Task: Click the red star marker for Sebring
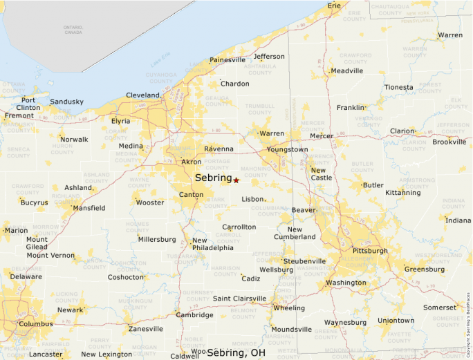[236, 180]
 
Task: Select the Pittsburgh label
[370, 251]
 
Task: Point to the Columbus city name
[36, 323]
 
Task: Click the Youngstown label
[287, 149]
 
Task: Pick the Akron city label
[191, 162]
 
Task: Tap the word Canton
[191, 195]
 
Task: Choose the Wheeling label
[289, 308]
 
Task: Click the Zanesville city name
[146, 329]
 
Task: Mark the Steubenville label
[304, 261]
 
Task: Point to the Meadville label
[347, 71]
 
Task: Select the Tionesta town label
[399, 88]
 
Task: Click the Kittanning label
[403, 193]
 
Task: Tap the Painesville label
[228, 60]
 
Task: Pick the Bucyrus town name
[35, 203]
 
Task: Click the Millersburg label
[157, 240]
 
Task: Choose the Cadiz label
[251, 279]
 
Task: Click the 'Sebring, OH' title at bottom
[236, 353]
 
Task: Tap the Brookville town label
[449, 142]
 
